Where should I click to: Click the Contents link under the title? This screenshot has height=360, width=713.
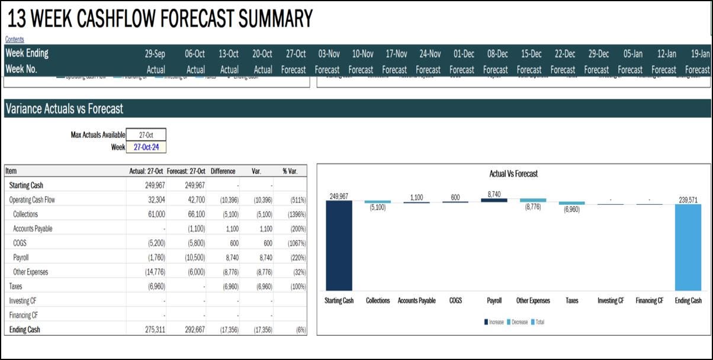(15, 39)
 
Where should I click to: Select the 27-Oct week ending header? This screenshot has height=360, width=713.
(295, 53)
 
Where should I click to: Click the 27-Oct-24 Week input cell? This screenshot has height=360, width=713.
(146, 147)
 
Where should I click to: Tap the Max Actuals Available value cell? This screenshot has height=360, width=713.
(146, 135)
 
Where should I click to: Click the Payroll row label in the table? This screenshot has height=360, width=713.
(21, 258)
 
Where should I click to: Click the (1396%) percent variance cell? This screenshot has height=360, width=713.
(294, 214)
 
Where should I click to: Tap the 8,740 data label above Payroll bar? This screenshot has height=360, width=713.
(494, 194)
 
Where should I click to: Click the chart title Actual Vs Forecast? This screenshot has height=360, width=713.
(513, 174)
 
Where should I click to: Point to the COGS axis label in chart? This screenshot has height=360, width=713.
(455, 301)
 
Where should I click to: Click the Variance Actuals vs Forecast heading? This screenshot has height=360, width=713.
(64, 108)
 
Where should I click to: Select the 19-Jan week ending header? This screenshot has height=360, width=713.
(700, 53)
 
